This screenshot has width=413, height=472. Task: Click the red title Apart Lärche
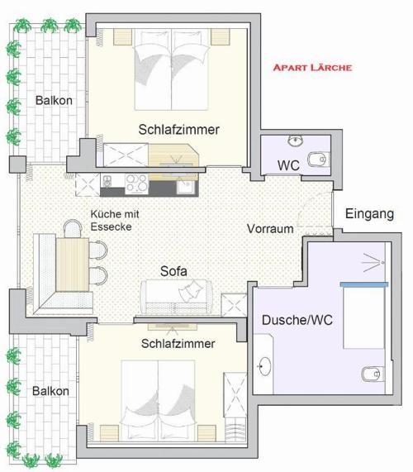(312, 67)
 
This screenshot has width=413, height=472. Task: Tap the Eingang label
(369, 214)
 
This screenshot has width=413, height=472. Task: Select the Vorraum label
(270, 228)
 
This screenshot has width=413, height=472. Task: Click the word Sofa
(173, 271)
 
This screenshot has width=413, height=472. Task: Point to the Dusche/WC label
(297, 320)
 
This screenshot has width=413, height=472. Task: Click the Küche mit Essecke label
(115, 221)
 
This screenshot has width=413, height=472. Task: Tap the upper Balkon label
(54, 100)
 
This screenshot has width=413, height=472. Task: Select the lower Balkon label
(50, 391)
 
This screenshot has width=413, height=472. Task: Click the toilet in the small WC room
(317, 160)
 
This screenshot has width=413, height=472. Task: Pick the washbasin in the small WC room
(296, 141)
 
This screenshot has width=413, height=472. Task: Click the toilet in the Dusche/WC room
(372, 374)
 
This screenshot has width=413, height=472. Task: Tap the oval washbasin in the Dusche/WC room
(265, 366)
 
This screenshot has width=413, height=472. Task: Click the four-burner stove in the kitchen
(137, 184)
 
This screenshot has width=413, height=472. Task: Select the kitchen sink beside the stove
(187, 187)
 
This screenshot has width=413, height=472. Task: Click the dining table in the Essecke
(73, 265)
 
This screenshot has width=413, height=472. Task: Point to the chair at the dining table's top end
(73, 228)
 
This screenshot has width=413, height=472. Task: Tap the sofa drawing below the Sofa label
(176, 297)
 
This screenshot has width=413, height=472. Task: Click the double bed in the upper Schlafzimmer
(172, 69)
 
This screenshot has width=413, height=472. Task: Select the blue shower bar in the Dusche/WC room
(364, 284)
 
